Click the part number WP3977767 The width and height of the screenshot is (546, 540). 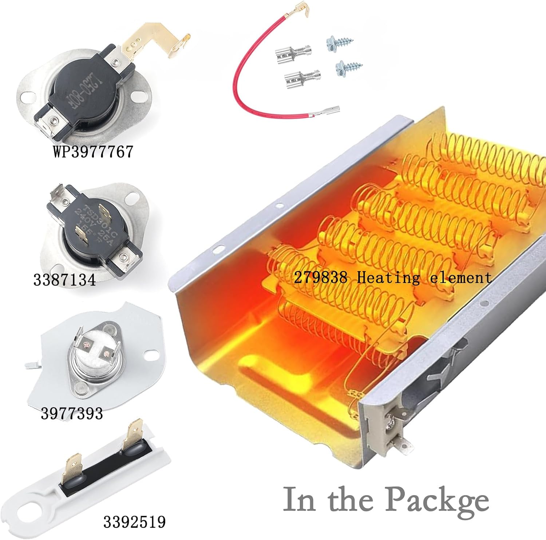tap(93, 152)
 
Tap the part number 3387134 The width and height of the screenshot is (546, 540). tap(64, 280)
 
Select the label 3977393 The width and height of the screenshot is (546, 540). tap(72, 414)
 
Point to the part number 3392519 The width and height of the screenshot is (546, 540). tap(134, 522)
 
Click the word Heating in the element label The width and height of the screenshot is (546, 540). tap(388, 278)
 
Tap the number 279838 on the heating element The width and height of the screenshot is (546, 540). tap(320, 278)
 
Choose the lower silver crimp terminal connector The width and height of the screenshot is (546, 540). tap(302, 77)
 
